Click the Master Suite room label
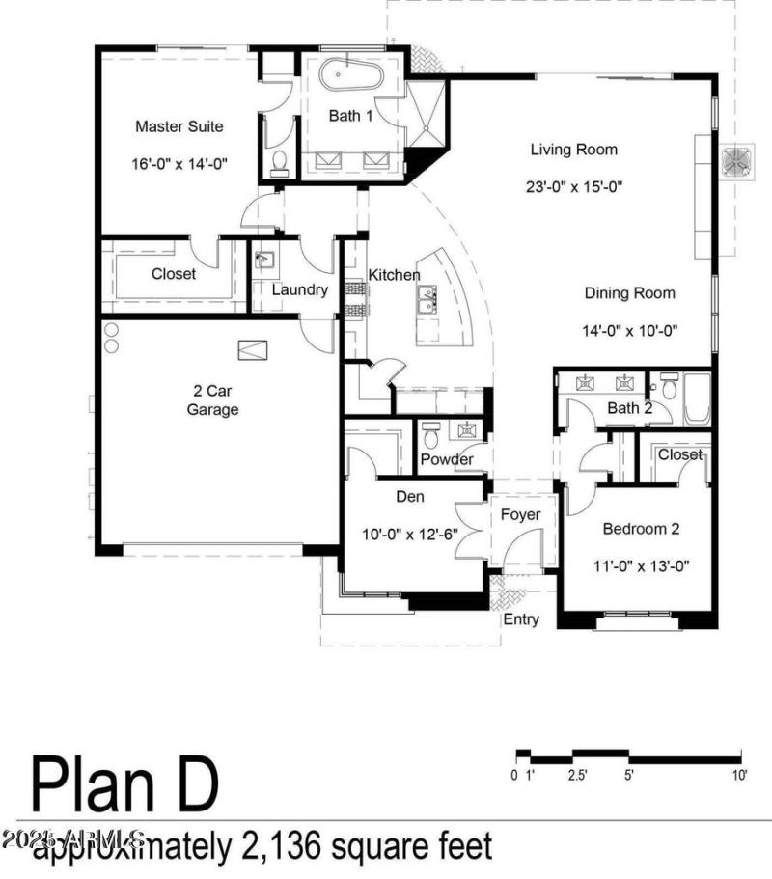(179, 126)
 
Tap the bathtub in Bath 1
(351, 73)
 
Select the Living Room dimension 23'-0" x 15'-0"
(573, 187)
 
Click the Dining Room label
(629, 293)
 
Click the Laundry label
(299, 289)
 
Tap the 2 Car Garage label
(213, 400)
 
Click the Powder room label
(447, 459)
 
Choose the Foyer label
(519, 514)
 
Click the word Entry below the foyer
(521, 619)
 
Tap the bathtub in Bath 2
(697, 398)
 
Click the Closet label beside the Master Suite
(174, 274)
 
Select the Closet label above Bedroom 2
(680, 454)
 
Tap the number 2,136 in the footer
(276, 847)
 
